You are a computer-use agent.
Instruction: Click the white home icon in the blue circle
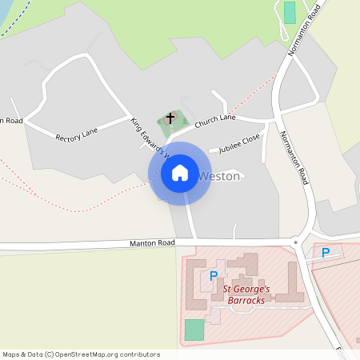tap(180, 173)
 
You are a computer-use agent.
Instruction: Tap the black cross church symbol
tap(170, 118)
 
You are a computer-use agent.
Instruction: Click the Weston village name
tap(218, 176)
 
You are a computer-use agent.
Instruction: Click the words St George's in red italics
tap(246, 289)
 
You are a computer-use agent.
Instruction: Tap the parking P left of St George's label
tap(213, 276)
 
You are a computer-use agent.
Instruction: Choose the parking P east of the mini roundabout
tap(325, 253)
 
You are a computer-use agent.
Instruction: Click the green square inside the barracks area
tap(194, 330)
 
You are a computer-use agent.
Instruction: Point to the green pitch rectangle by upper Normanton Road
tap(290, 12)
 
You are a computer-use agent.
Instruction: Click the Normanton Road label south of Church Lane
tap(294, 158)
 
